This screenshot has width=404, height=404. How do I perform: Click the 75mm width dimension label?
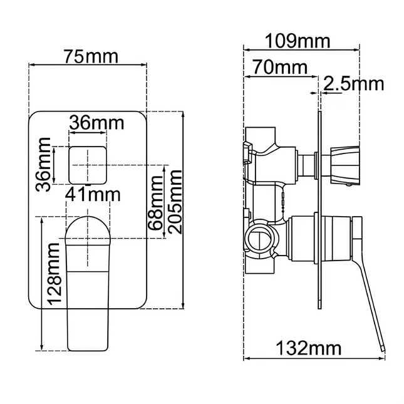(91, 56)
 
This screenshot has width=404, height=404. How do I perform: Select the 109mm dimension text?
(298, 41)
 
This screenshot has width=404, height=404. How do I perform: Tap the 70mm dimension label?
(280, 67)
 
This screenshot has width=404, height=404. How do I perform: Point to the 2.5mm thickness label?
(353, 84)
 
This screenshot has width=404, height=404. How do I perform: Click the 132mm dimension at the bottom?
(309, 348)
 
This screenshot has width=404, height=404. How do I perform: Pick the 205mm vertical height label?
(175, 202)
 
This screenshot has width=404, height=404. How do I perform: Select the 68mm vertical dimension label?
(155, 203)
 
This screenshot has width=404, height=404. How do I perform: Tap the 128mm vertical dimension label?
(54, 274)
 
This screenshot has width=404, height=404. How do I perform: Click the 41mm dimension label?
(93, 195)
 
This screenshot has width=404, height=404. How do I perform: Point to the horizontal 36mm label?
(96, 123)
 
